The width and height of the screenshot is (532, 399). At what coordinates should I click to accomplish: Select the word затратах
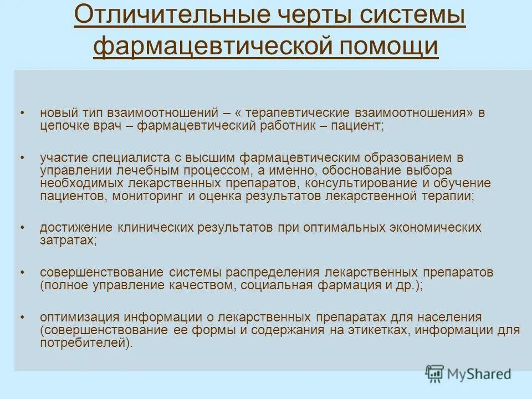(68, 241)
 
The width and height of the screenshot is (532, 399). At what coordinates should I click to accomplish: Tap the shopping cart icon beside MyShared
(434, 374)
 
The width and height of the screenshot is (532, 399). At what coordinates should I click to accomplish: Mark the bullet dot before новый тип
(22, 112)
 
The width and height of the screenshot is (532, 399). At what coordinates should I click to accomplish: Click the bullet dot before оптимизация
(22, 318)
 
